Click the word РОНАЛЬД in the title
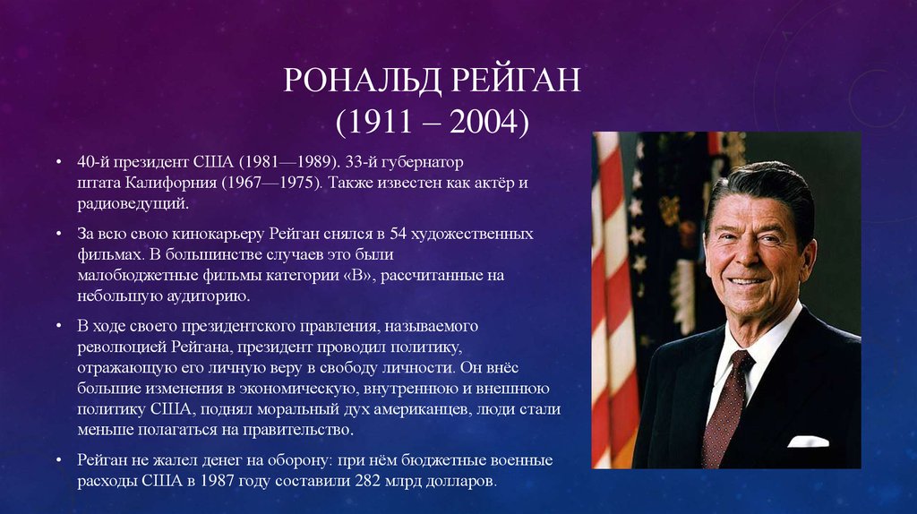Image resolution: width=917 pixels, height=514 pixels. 363,81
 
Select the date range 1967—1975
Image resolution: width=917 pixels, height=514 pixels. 271,183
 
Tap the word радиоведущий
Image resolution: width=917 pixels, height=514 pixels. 133,204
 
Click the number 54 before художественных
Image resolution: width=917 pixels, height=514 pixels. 398,234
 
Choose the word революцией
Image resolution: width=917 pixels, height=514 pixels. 122,347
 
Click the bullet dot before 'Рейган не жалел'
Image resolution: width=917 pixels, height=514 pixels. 59,460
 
